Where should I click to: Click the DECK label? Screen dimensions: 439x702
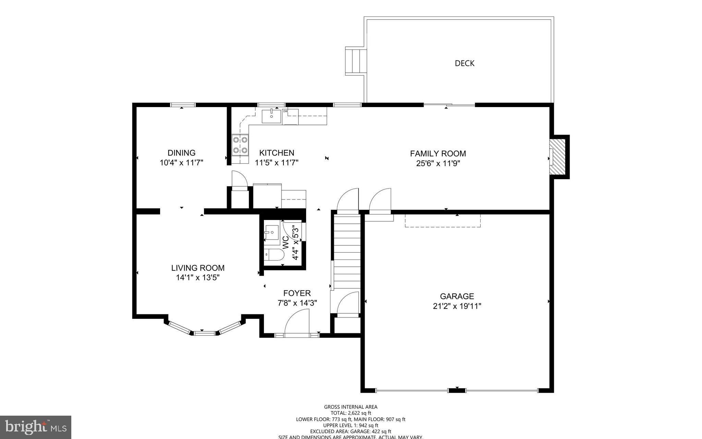(464, 63)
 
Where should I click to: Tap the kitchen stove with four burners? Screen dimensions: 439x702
(240, 145)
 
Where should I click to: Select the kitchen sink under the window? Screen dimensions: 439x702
(271, 116)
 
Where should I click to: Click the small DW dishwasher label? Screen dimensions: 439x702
(285, 111)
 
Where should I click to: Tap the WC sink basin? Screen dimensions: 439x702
(272, 232)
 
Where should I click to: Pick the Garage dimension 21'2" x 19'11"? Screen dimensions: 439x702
(457, 306)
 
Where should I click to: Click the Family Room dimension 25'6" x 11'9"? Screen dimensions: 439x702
(438, 163)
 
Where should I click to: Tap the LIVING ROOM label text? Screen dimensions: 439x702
(198, 268)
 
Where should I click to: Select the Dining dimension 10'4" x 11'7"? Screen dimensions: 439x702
(181, 163)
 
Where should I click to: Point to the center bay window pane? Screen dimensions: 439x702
(205, 333)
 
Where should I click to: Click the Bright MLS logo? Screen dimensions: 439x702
(36, 427)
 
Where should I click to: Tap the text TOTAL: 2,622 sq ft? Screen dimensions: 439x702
(351, 413)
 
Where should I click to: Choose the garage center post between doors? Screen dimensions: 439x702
(457, 390)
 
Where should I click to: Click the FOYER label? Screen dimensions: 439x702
(297, 293)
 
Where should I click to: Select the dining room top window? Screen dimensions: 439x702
(183, 105)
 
